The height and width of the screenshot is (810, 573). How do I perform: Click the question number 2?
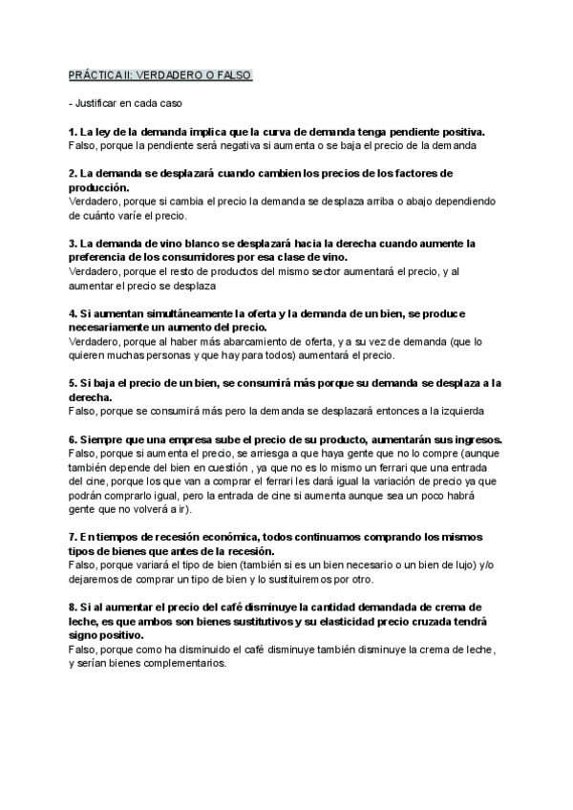coord(73,173)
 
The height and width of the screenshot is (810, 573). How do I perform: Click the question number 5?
coord(73,383)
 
